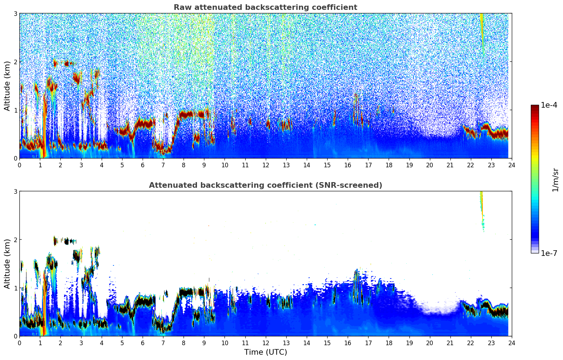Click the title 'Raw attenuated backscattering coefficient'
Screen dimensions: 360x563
[265, 7]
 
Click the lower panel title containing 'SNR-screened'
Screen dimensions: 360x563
[265, 185]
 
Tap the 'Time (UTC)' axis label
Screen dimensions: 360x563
[265, 352]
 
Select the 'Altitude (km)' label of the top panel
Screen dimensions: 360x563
[7, 86]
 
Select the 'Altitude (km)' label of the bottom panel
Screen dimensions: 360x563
[7, 264]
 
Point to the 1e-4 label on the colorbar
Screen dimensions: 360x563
[549, 105]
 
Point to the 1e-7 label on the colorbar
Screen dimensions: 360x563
[549, 253]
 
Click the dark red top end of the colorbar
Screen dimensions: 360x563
[535, 107]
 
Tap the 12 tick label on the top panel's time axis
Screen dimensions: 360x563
[265, 165]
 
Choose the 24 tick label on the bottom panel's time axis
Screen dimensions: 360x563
[511, 343]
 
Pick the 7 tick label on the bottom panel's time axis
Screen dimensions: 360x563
[163, 343]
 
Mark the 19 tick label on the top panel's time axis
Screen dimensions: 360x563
[409, 165]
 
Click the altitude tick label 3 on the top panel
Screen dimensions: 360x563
[15, 13]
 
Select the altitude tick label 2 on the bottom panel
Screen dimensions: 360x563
[15, 240]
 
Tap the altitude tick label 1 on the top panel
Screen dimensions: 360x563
[15, 110]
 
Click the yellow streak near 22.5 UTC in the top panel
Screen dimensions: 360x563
[481, 25]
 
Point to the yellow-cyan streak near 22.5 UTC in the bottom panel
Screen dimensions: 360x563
[481, 208]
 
